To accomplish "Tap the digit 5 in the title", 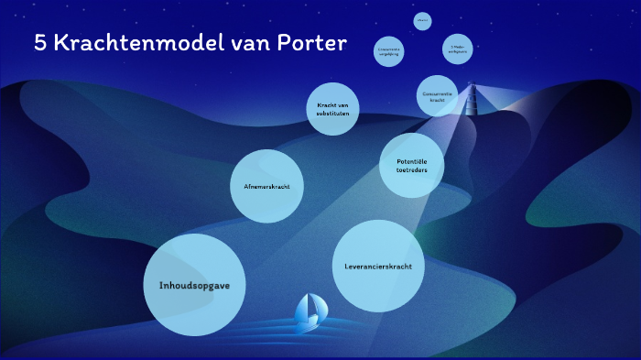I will tap(39, 43).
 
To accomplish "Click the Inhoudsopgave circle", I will tap(195, 285).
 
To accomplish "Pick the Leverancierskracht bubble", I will tap(378, 266).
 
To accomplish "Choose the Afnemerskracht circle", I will tap(267, 186).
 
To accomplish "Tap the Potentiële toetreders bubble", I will tap(411, 165).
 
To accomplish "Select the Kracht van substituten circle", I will tap(331, 109).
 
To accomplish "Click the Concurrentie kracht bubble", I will tap(437, 96).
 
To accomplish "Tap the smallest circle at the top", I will tap(422, 20).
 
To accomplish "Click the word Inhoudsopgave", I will tap(195, 285).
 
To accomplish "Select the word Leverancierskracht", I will tap(378, 267).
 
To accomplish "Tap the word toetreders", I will tap(399, 169).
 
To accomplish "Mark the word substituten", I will tap(331, 114).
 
